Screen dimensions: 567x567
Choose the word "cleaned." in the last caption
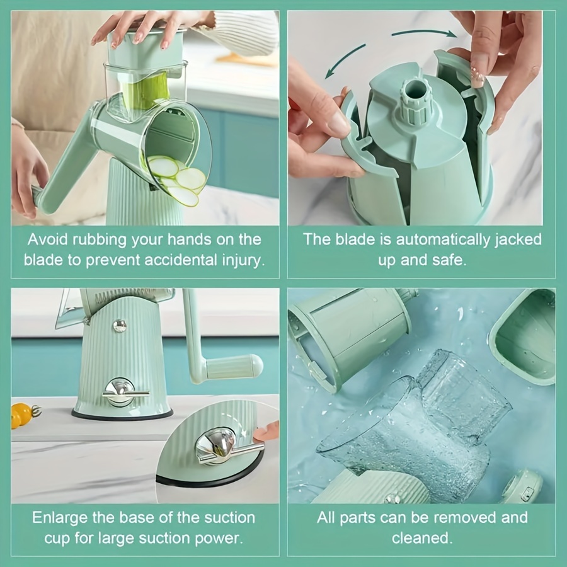pyautogui.click(x=422, y=538)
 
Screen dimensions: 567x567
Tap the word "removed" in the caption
pyautogui.click(x=465, y=518)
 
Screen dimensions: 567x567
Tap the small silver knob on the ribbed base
pyautogui.click(x=119, y=326)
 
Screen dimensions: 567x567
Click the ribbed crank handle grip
pyautogui.click(x=234, y=366)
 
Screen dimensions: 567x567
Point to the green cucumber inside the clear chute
pyautogui.click(x=146, y=91)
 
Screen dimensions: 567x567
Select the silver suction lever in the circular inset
pyautogui.click(x=224, y=447)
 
